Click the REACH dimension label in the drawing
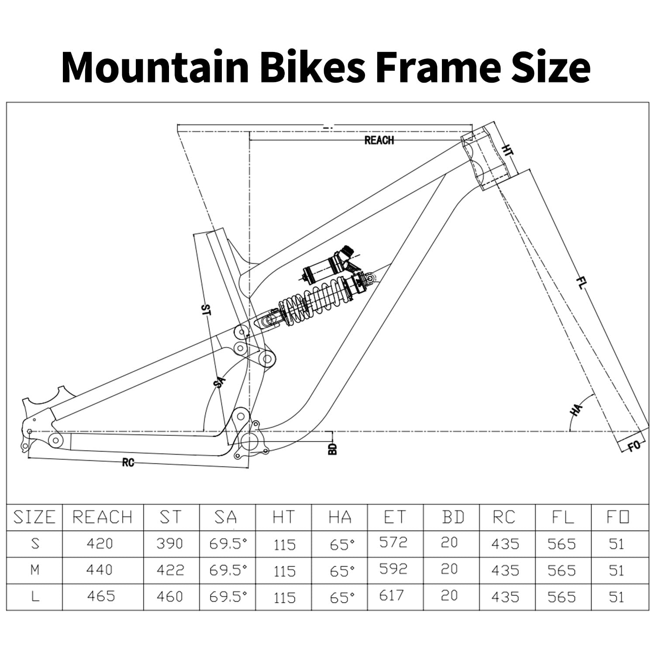[x=379, y=140]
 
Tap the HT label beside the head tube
[x=507, y=151]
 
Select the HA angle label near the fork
[x=576, y=410]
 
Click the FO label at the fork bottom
[x=634, y=446]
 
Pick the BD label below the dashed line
[x=333, y=449]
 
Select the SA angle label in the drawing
[x=219, y=383]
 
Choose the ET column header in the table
[x=395, y=517]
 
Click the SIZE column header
[x=34, y=517]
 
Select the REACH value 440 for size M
[x=100, y=570]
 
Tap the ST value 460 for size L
[x=170, y=596]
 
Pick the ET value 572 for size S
[x=393, y=542]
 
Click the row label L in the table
[x=35, y=596]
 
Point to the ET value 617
[x=392, y=596]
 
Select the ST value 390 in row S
[x=169, y=544]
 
